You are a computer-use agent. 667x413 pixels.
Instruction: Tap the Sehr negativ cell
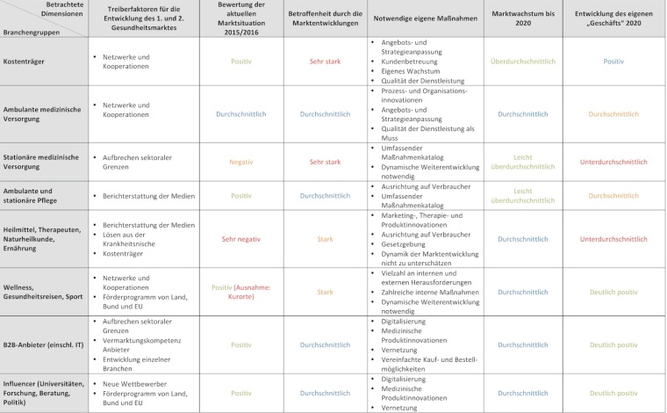[x=240, y=238]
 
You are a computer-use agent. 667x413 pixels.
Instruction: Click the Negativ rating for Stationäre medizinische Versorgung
[x=240, y=162]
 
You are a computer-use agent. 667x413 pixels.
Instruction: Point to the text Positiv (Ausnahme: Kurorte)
[x=240, y=292]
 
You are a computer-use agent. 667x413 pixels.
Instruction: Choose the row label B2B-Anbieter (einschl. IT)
[x=46, y=345]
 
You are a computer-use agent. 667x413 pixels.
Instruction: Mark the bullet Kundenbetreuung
[x=405, y=62]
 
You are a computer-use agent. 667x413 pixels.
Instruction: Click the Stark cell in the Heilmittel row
[x=325, y=238]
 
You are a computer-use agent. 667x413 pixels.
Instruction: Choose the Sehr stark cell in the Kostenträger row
[x=325, y=62]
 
